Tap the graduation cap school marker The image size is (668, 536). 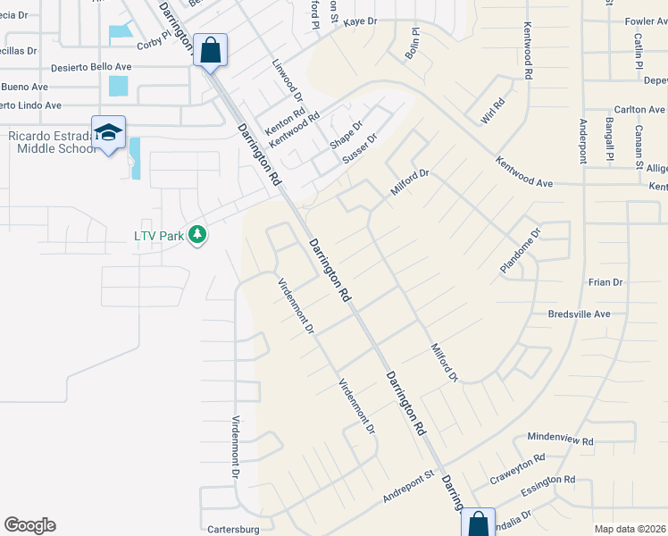click(109, 132)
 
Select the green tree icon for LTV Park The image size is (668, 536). click(197, 235)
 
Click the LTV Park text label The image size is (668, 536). click(159, 236)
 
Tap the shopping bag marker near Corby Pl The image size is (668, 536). click(210, 50)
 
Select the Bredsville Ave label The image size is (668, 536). click(579, 314)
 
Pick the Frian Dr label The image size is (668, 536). click(605, 282)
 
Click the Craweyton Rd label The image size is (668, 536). click(517, 469)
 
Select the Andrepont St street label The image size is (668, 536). click(407, 488)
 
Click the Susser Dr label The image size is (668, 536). click(361, 150)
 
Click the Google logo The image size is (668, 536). click(29, 525)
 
